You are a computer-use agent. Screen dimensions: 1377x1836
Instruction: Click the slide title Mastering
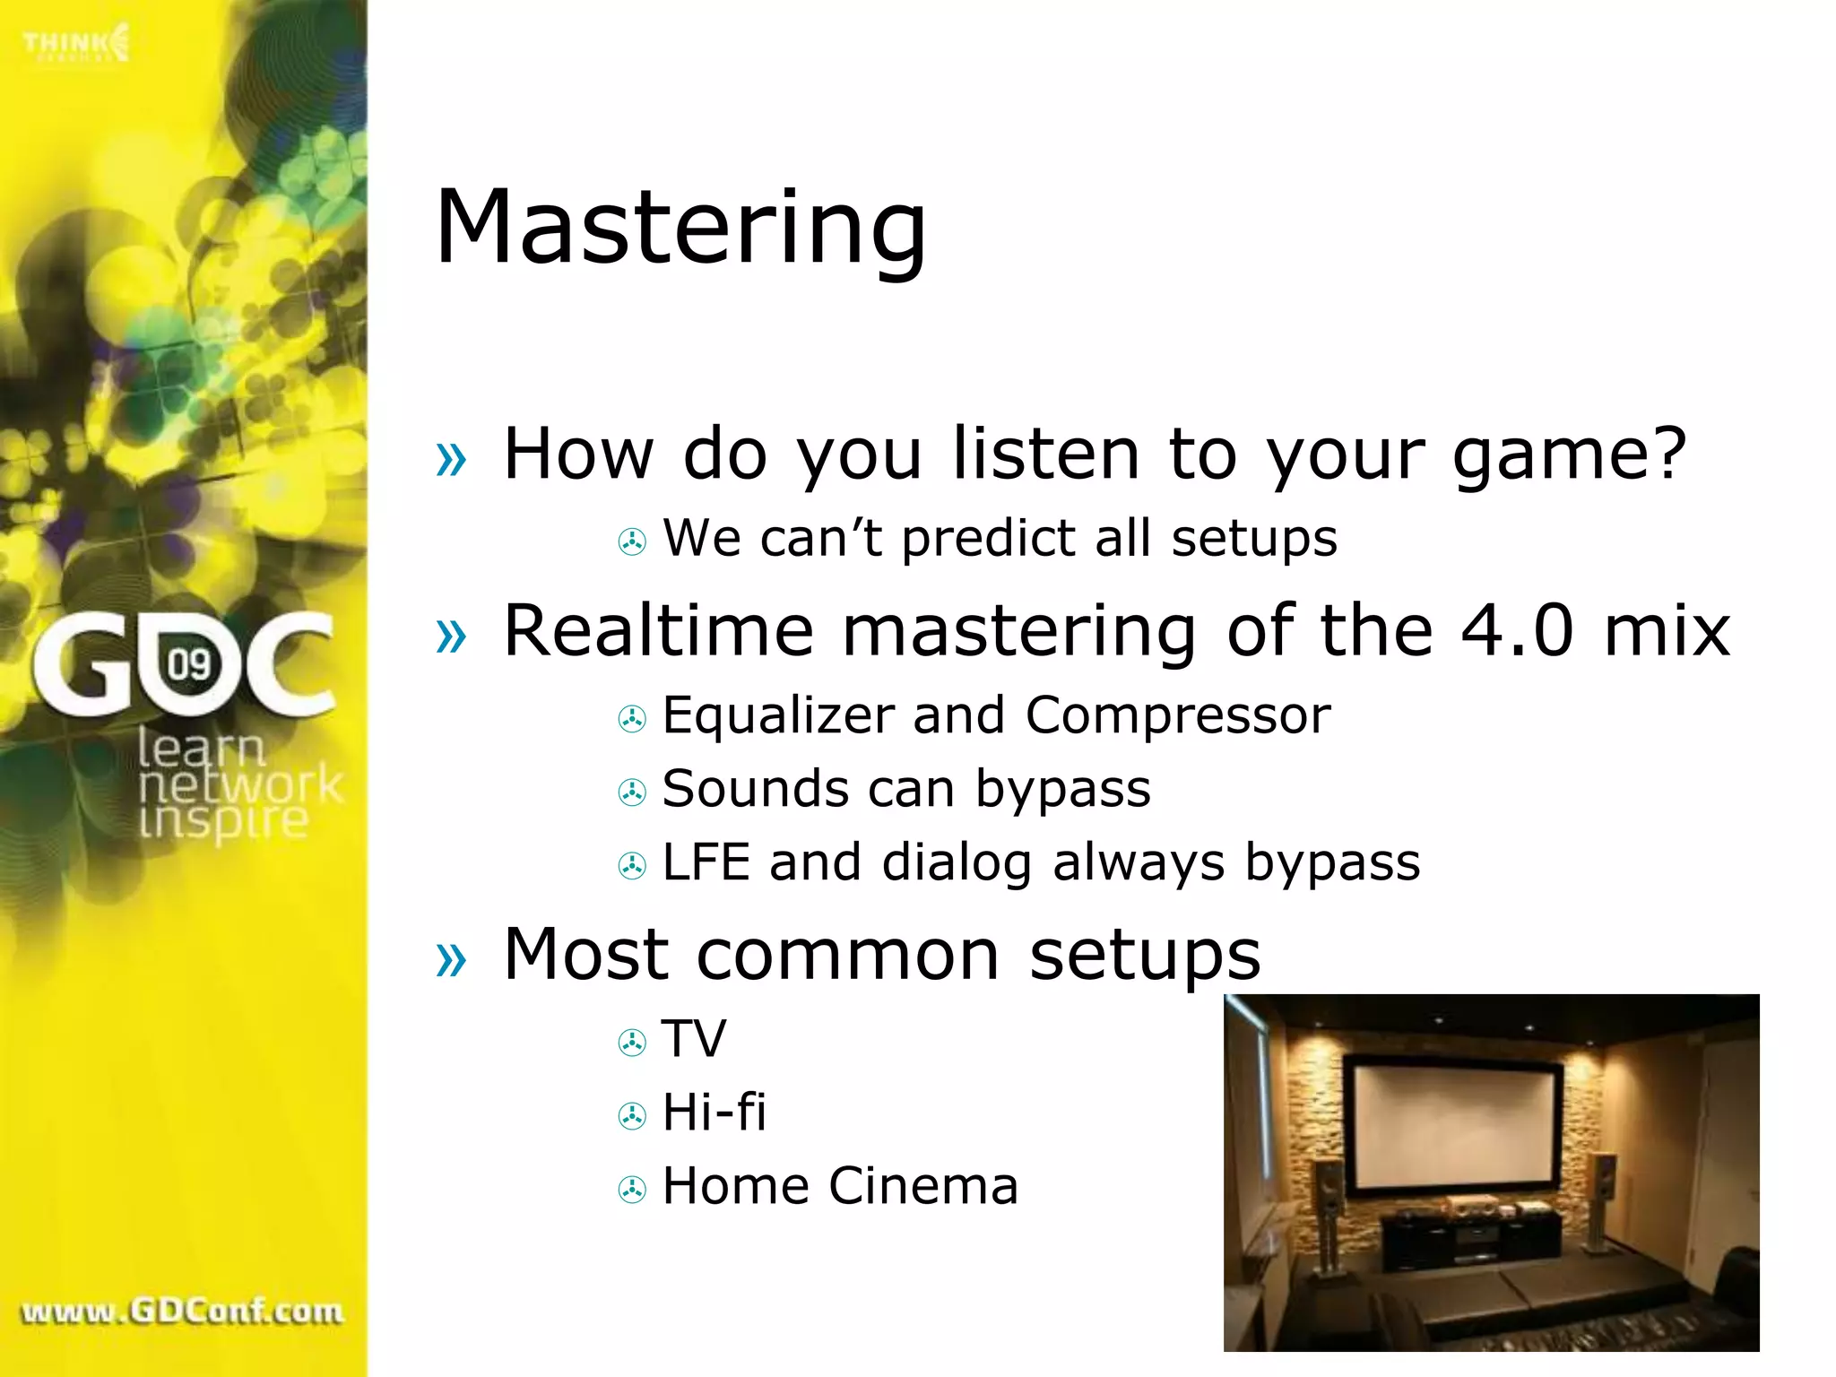(x=680, y=228)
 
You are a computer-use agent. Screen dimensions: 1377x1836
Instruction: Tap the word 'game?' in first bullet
(x=1569, y=455)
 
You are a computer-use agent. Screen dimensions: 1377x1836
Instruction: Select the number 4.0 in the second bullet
(x=1517, y=630)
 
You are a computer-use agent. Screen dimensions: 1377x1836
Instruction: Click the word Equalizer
(x=778, y=716)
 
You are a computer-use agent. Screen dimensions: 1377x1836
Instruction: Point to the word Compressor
(x=1177, y=716)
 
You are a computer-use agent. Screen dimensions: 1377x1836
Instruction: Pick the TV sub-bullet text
(x=694, y=1039)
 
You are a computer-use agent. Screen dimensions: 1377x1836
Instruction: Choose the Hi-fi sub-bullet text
(x=714, y=1113)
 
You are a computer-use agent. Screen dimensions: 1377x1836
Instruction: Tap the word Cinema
(x=922, y=1186)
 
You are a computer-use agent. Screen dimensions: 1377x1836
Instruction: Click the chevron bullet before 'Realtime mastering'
(x=451, y=636)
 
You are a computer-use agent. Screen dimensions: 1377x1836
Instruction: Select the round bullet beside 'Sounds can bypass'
(x=632, y=792)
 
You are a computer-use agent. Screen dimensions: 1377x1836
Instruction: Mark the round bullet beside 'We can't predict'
(x=632, y=541)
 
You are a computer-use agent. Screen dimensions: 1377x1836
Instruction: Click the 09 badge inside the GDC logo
(x=189, y=665)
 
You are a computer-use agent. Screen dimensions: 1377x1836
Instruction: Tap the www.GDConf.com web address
(x=182, y=1312)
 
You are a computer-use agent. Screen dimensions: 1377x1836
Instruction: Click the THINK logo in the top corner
(x=76, y=43)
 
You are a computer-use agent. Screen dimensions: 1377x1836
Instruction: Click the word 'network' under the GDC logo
(x=240, y=785)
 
